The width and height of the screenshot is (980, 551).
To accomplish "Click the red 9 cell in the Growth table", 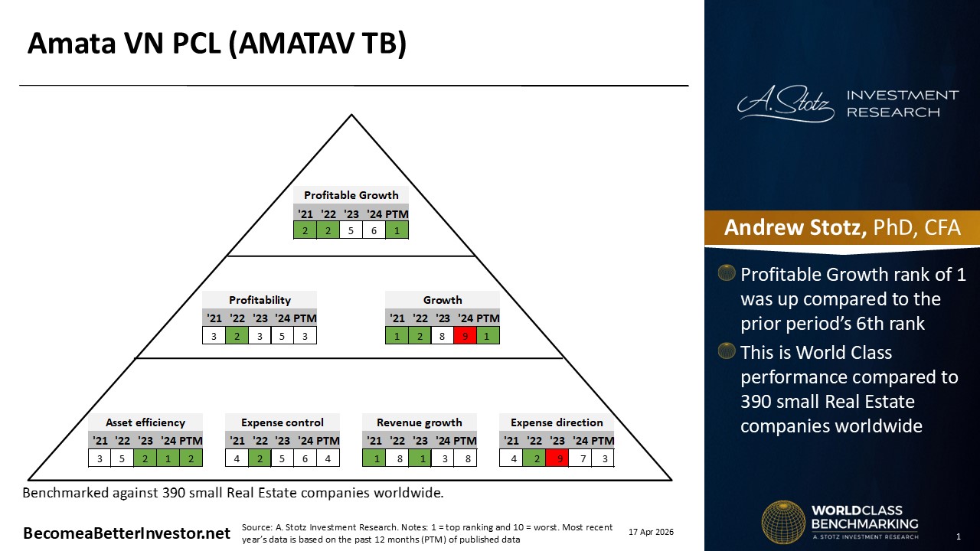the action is click(465, 336).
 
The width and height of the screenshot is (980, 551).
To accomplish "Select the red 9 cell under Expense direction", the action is click(557, 458).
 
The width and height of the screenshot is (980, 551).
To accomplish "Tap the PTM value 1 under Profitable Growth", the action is click(397, 230).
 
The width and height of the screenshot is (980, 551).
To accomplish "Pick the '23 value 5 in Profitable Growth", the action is click(351, 230).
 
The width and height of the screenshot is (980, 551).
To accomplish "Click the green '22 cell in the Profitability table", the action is click(237, 336).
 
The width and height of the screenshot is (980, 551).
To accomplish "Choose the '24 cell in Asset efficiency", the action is click(168, 458).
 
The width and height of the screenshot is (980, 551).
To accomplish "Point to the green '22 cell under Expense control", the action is click(260, 458).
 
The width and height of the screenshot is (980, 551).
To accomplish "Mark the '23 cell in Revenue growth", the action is click(420, 458).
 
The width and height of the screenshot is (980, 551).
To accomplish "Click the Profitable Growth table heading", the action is click(351, 195).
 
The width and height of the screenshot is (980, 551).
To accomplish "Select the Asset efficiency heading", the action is click(145, 422).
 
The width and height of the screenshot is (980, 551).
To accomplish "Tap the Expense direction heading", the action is click(557, 422).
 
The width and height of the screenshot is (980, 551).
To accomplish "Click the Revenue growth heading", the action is click(419, 422).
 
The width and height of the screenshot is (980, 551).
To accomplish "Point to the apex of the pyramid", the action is click(351, 115).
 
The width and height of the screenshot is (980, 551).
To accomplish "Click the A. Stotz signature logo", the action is click(786, 103).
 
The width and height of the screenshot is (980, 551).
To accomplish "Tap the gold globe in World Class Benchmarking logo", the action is click(783, 522).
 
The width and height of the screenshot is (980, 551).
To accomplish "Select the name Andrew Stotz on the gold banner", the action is click(795, 227).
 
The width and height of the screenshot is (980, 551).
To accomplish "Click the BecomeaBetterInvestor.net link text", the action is click(126, 533).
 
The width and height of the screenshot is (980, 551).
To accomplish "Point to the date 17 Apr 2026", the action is click(651, 532).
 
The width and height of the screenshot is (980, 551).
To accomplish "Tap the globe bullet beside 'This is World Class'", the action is click(727, 350).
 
